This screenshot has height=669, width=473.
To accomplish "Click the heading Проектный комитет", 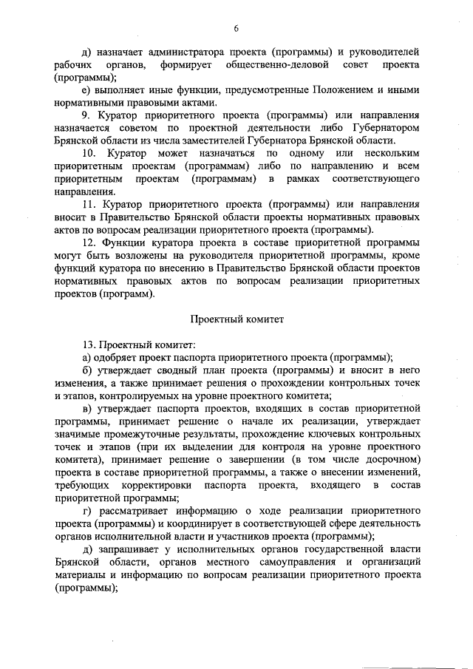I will click(236, 319).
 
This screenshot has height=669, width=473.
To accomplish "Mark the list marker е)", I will click(86, 90).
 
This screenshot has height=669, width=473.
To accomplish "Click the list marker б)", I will click(86, 370).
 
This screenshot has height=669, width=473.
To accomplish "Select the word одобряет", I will click(117, 357).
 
